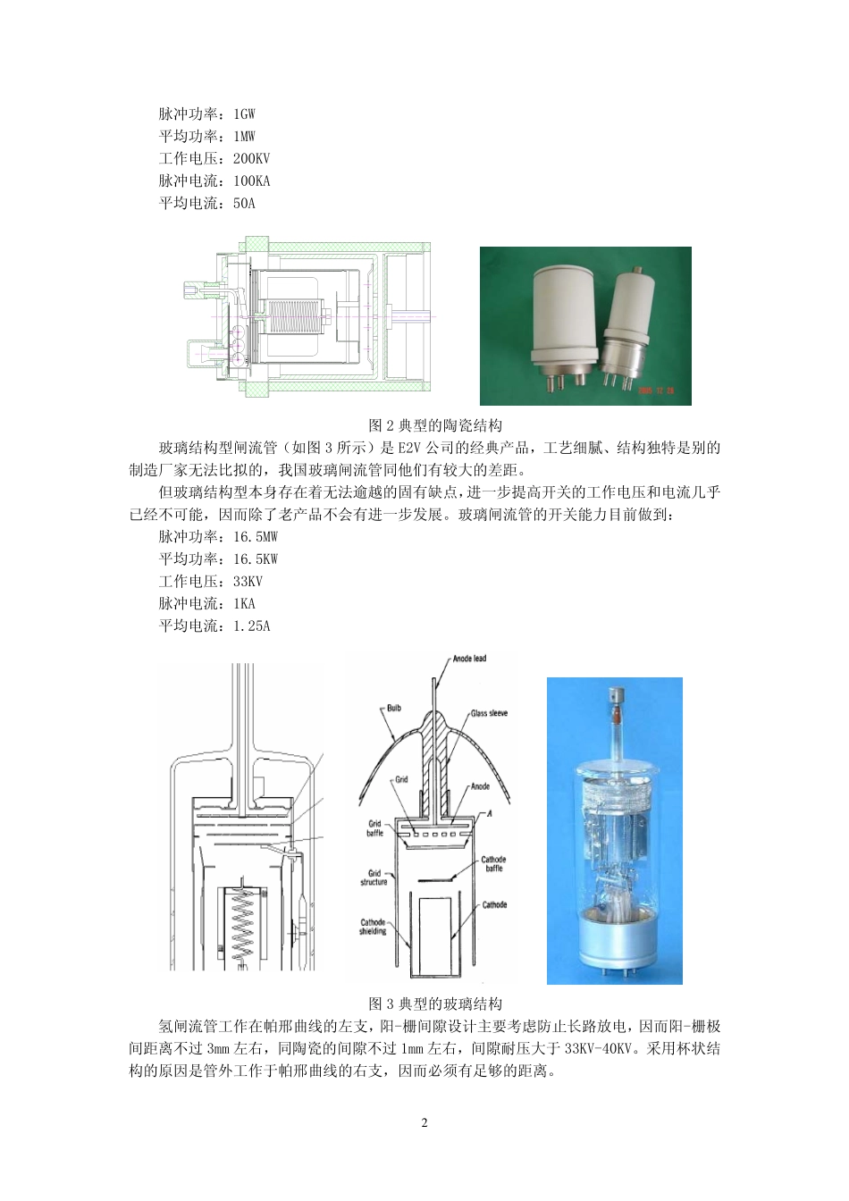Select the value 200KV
pos(251,158)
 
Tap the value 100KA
pos(251,181)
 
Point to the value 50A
pos(244,203)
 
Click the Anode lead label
pos(468,659)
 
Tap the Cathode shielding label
pos(374,927)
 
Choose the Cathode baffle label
pos(494,862)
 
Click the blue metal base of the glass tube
pos(614,941)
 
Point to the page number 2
pos(424,1122)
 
